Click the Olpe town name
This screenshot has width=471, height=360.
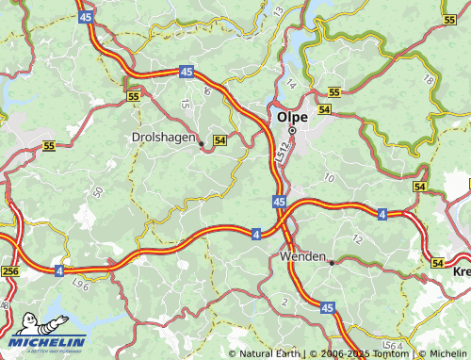pos(292,116)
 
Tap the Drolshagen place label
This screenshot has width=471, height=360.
pos(161,139)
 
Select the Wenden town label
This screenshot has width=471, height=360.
pos(303,256)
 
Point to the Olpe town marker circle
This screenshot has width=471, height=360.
pos(292,130)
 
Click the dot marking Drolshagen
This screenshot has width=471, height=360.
pos(201,143)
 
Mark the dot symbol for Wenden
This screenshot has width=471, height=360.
pos(331,263)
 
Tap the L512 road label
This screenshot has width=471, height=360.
pos(283,151)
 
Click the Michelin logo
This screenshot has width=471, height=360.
pos(50,335)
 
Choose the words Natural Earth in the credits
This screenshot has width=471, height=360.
pos(268,354)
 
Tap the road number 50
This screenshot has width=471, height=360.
pos(98,192)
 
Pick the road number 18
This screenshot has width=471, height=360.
pos(430,81)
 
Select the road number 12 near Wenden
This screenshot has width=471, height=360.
pos(356,238)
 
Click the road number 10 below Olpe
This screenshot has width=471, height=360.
pos(328,177)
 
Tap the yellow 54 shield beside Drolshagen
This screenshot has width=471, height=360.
pos(220,139)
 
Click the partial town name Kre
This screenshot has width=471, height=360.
pos(462,271)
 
